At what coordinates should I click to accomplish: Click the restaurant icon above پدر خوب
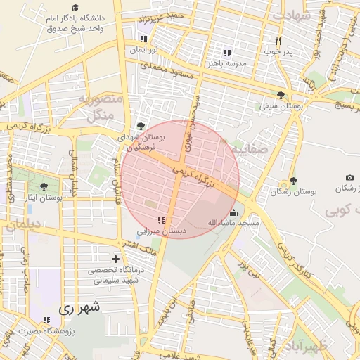278,41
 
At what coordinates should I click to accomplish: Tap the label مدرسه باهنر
226,63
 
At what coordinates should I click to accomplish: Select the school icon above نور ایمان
143,39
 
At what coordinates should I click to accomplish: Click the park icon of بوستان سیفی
281,95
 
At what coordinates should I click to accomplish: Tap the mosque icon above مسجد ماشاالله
233,212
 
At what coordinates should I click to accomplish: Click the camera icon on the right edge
349,178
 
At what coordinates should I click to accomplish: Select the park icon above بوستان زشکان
292,181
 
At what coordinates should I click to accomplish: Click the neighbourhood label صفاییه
244,149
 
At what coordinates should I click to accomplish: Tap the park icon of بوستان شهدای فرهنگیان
141,127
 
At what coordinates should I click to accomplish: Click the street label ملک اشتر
138,244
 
